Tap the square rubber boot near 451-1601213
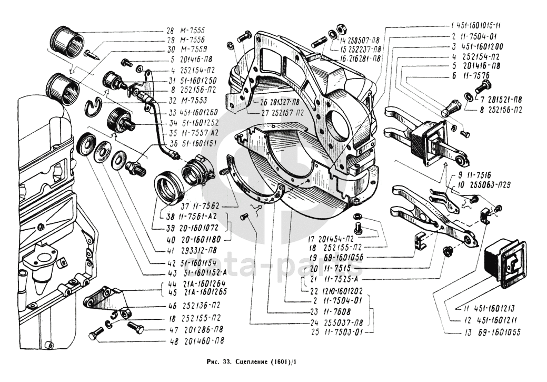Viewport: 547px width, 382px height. tap(505, 261)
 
